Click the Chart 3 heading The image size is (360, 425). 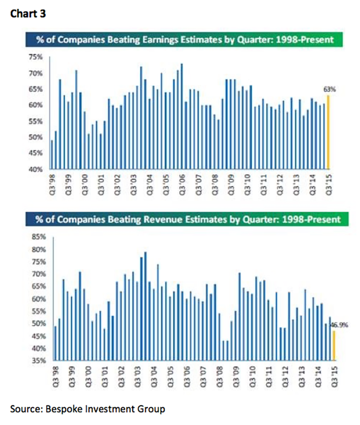click(28, 14)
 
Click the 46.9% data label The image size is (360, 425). click(341, 325)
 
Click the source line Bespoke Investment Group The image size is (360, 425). click(88, 409)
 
